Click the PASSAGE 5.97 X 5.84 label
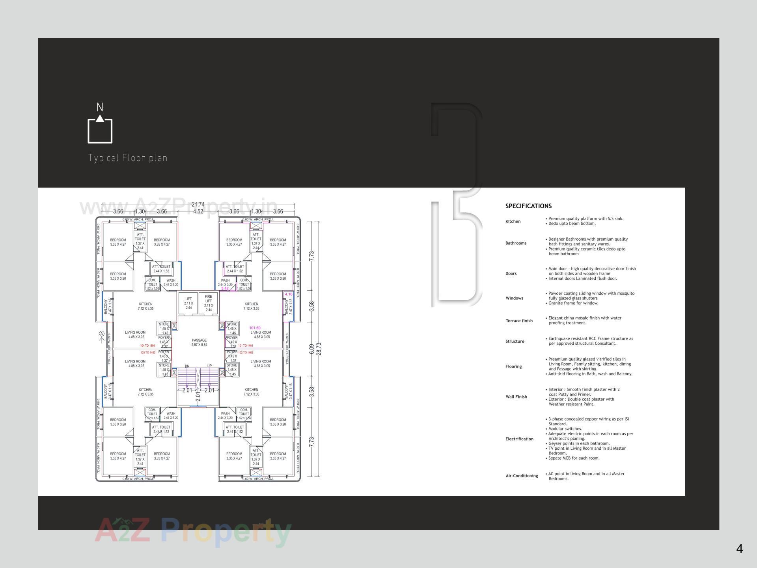(199, 342)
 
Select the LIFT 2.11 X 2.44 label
(188, 303)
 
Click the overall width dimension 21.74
(198, 204)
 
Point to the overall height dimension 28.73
(319, 349)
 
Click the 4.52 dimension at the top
(198, 211)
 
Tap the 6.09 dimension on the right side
(311, 349)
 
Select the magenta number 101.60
(255, 328)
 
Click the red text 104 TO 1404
(147, 346)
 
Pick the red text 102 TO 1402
(246, 353)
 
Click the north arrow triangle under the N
(100, 118)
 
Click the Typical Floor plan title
(128, 158)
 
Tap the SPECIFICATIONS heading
(528, 206)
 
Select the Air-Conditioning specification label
(522, 476)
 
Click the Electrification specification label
(519, 439)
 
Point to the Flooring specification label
(513, 366)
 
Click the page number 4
(739, 549)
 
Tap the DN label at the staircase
(187, 366)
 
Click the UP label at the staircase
(209, 366)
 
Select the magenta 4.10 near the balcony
(288, 294)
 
